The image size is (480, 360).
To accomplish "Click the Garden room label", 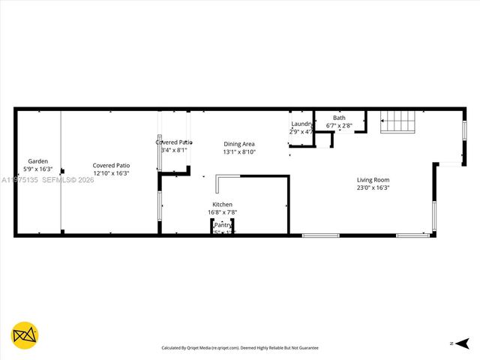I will (37, 161).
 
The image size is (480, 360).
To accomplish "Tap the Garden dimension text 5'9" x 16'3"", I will (37, 170).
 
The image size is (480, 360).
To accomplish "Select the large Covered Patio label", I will (111, 165).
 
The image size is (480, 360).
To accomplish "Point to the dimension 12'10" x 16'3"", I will (111, 173).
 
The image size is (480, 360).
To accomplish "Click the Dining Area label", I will (239, 143).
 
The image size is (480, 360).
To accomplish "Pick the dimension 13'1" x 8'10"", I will (239, 151).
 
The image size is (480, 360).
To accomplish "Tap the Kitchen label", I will (222, 205).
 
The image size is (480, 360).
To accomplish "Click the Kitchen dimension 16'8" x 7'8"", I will (222, 213).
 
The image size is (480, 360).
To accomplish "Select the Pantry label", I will (223, 225).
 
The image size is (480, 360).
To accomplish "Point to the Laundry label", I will (301, 124).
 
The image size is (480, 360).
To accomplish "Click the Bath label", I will (339, 118).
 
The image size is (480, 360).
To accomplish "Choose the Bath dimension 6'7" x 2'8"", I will (339, 125).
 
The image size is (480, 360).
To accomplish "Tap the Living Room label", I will (373, 180).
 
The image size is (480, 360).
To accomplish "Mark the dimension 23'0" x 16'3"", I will (373, 188).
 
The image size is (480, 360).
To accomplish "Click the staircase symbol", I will (398, 121).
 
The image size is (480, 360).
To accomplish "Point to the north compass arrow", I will (458, 343).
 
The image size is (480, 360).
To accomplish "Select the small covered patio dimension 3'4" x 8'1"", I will (174, 150).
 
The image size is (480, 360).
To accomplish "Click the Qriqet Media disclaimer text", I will (240, 348).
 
